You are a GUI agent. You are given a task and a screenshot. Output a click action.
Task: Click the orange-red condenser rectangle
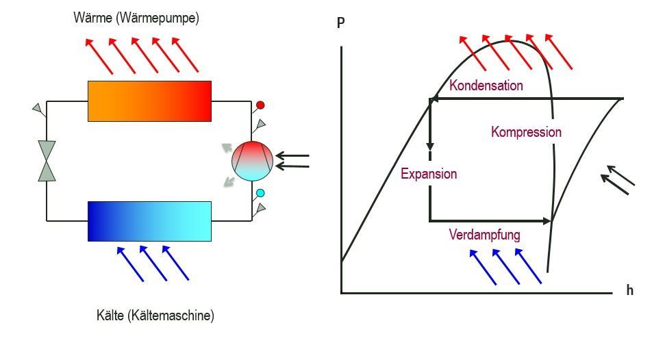click(x=149, y=101)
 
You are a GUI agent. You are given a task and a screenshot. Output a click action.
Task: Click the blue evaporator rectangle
click(x=149, y=221)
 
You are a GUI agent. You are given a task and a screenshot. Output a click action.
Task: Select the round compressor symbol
click(x=253, y=161)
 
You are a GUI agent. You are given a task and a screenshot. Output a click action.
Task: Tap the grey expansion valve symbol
click(x=47, y=161)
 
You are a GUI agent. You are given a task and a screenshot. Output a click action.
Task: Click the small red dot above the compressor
click(x=260, y=105)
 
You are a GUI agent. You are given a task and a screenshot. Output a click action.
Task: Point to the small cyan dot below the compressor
click(x=260, y=193)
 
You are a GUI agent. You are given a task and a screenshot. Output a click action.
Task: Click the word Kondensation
click(x=486, y=86)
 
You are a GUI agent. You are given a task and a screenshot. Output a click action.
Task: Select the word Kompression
click(x=526, y=132)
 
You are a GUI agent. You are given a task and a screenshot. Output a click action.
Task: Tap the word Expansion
click(x=429, y=174)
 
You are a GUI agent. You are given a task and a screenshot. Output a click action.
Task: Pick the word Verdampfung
click(x=484, y=235)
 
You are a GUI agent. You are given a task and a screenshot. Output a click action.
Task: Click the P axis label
click(x=340, y=23)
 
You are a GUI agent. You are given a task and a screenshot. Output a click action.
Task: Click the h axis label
click(x=630, y=290)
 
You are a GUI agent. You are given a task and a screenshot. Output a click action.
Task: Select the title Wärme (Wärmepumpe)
click(x=136, y=18)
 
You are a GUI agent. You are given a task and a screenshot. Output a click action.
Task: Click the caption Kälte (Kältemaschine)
click(x=155, y=316)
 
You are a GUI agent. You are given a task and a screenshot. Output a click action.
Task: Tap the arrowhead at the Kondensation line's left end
click(x=434, y=99)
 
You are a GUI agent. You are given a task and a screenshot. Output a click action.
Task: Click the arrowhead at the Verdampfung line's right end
click(x=547, y=221)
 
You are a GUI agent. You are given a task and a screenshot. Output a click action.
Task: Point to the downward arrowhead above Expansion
click(x=430, y=146)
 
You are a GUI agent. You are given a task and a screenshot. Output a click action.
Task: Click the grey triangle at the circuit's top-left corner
click(x=38, y=108)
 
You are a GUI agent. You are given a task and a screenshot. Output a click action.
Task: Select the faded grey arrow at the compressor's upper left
click(x=227, y=148)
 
